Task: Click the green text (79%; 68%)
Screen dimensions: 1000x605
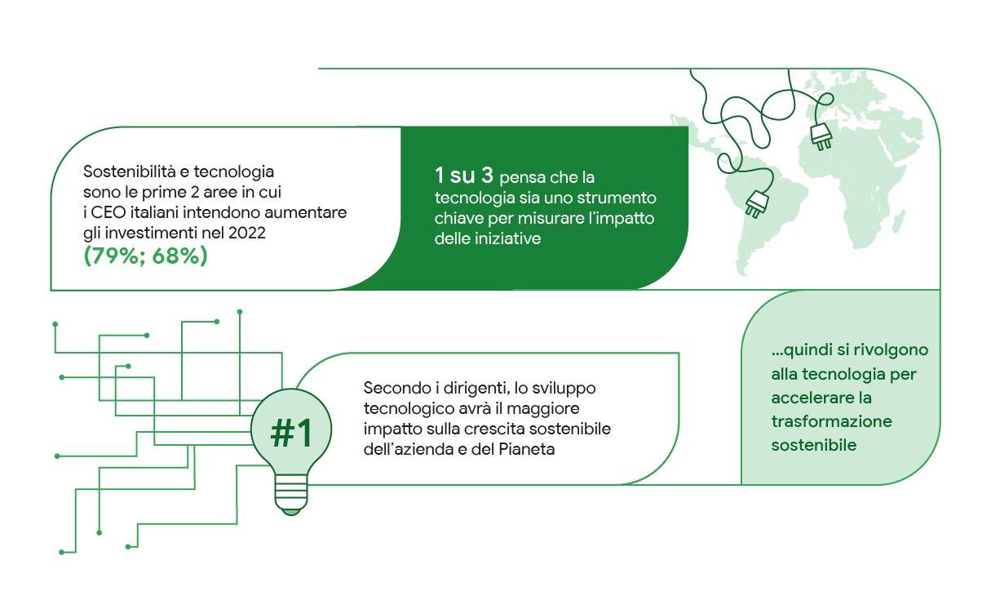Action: (145, 256)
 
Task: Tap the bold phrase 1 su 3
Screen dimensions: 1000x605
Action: (464, 176)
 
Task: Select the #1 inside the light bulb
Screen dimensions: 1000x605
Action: (291, 434)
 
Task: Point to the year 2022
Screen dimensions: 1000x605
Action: (247, 233)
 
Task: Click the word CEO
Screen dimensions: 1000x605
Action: (108, 212)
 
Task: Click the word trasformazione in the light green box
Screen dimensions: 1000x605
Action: (831, 421)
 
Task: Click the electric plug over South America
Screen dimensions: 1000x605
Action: (757, 204)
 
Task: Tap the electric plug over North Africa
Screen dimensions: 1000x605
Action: (821, 136)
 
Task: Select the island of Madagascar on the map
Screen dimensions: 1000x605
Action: (900, 222)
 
